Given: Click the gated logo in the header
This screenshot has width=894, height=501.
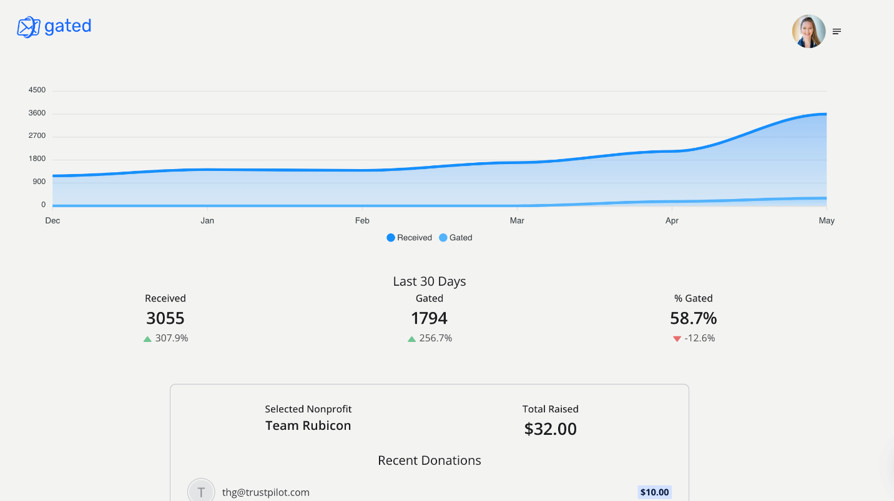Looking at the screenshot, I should pos(54,27).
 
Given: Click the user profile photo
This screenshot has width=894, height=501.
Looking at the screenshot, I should pos(808,31).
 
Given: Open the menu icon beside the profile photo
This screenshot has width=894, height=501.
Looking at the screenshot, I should pos(837,32).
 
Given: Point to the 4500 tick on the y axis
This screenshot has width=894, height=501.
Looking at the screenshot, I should pos(37,90).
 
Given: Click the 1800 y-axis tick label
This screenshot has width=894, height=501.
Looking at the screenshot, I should pos(37,158).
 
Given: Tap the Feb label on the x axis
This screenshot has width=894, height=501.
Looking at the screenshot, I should pos(362,220).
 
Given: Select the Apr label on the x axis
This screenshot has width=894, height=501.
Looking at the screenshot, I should pos(672,220).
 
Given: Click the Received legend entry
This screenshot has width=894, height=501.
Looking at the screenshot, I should pos(409,238).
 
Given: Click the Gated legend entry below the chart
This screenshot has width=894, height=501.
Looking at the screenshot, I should pos(456,238).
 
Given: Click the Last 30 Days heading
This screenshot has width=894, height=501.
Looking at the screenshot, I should pos(430,281).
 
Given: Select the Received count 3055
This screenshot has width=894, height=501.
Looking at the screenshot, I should pos(165,318).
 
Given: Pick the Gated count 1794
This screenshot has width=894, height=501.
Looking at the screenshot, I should pos(430,318).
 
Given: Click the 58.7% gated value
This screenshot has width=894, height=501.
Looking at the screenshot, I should pos(693,318).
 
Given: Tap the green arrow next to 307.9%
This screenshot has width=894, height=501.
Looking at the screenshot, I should pos(147,339).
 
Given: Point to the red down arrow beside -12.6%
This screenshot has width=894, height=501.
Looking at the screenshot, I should pos(677,339).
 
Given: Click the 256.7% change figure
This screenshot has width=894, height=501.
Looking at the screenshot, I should pos(436,338).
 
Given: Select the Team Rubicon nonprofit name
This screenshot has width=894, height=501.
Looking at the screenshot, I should pos(308,426).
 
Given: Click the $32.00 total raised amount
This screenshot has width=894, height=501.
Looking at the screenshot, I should pos(551,429).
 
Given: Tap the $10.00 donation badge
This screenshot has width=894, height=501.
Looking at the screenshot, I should pos(654,492).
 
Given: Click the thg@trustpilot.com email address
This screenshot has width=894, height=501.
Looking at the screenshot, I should pos(266,492).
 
